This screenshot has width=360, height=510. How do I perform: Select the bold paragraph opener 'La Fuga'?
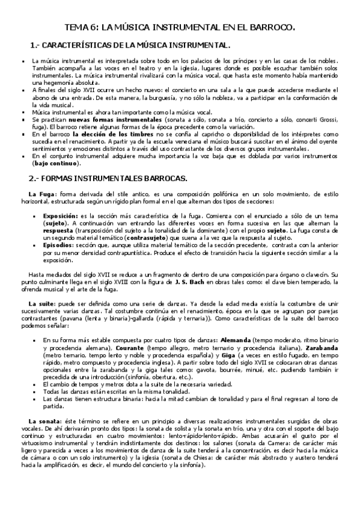[x=41, y=194]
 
